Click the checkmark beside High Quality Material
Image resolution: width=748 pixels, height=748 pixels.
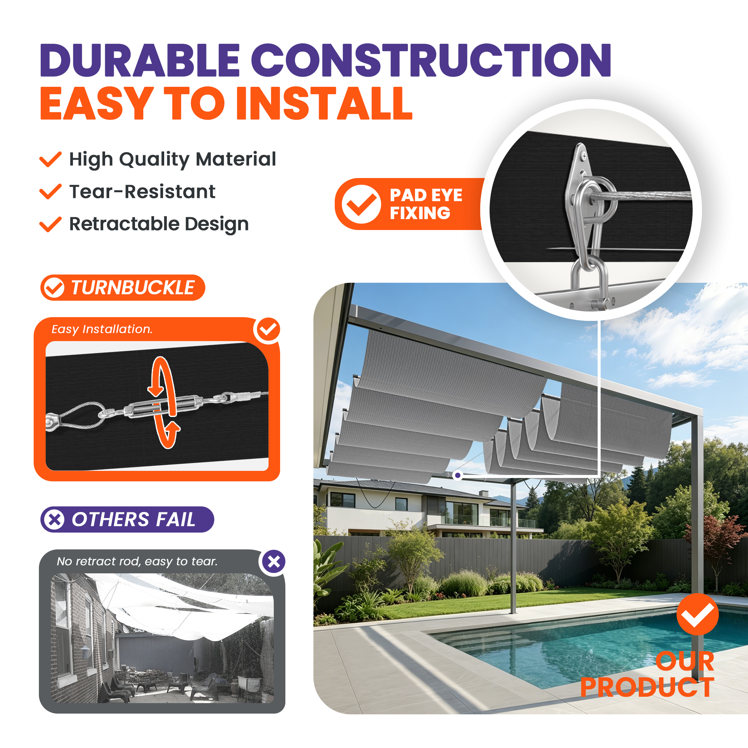50,159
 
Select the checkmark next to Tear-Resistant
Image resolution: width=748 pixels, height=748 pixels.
50,191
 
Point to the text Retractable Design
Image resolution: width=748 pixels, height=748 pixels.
159,224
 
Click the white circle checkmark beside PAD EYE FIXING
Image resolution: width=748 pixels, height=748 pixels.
361,204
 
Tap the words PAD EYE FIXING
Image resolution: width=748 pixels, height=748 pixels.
426,204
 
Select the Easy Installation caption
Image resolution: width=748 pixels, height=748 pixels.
102,329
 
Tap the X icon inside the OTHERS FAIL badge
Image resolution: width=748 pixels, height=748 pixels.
55,519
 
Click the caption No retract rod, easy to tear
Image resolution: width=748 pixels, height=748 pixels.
137,561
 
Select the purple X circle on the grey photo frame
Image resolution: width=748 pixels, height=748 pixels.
274,561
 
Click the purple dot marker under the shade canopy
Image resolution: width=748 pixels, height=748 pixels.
458,475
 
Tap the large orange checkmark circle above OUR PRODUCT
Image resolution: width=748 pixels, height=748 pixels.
698,614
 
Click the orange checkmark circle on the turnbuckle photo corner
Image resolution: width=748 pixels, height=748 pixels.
267,329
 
